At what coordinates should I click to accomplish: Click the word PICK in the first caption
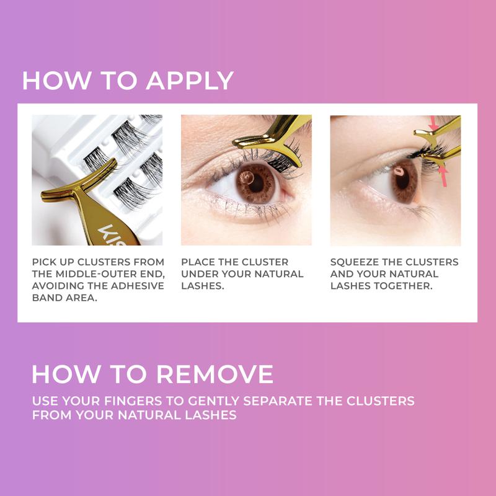click(x=46, y=262)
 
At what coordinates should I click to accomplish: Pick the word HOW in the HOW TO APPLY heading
click(x=51, y=82)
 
